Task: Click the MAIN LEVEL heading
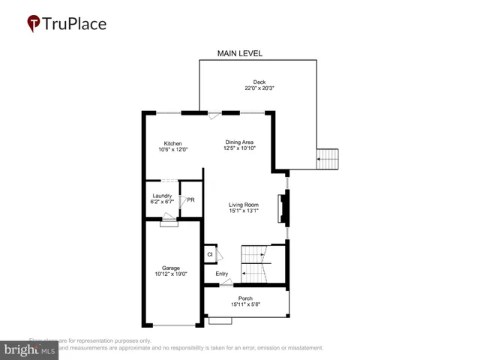(239, 53)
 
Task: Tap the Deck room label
(259, 80)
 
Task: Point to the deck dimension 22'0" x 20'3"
(259, 88)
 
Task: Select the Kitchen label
(172, 142)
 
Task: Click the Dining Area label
(239, 142)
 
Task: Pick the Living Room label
(244, 204)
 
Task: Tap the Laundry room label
(162, 196)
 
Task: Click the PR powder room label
(190, 200)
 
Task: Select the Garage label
(171, 268)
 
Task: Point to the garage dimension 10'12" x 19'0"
(172, 274)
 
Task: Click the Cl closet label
(210, 255)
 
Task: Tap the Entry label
(222, 274)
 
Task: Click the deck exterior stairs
(328, 159)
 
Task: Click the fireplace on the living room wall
(283, 209)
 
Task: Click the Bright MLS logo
(29, 349)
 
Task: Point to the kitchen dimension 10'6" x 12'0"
(172, 149)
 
